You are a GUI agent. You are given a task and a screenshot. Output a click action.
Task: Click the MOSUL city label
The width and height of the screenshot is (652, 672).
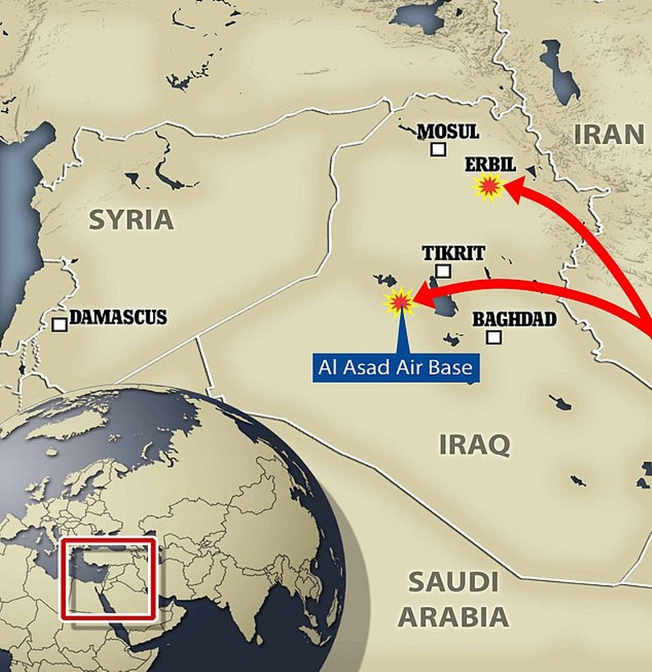point(448,131)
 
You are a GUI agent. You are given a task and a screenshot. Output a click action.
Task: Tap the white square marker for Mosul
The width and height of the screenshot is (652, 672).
point(438,150)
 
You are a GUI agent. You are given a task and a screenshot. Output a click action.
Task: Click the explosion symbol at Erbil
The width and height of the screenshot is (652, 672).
point(489,188)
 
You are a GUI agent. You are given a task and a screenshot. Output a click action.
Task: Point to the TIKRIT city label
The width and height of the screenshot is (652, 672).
point(453,254)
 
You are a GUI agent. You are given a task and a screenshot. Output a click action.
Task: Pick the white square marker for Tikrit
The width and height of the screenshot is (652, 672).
point(442,271)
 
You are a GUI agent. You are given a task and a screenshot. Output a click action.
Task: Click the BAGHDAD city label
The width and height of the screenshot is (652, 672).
point(514,320)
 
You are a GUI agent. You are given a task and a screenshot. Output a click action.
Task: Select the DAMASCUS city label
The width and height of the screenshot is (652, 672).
point(118,317)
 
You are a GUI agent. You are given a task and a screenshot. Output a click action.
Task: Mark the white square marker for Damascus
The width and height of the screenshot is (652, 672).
point(59,324)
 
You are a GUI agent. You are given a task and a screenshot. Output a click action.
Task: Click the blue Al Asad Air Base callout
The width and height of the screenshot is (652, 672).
point(394,369)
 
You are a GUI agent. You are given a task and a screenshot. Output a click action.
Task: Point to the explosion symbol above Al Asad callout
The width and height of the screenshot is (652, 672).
point(400,301)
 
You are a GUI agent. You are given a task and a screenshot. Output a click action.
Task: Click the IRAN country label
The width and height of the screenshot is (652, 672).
point(609,134)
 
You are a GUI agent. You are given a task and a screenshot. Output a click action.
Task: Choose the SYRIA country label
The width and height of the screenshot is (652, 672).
point(130,220)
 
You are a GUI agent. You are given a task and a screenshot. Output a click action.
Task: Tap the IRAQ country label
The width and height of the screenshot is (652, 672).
point(474,443)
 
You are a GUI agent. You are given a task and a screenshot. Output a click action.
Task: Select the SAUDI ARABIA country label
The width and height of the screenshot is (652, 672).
point(453,600)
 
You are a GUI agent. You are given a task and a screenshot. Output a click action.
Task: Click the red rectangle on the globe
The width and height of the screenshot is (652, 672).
point(109,578)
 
